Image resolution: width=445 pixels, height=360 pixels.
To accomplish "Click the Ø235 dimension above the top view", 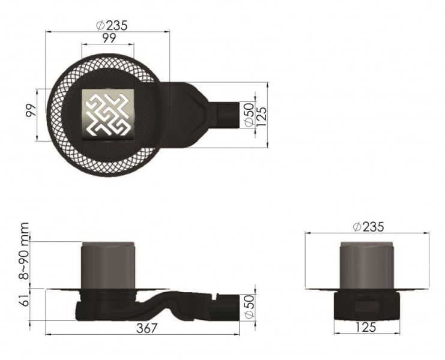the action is pos(112,26).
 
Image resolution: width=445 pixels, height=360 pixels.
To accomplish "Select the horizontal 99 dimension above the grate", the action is pos(109,38).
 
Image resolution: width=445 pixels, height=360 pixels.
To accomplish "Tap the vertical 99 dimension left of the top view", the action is pos(31,110).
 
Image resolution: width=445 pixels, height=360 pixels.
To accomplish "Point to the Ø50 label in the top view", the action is pos(249,115).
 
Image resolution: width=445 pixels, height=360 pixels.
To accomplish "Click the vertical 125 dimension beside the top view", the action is pos(262,116).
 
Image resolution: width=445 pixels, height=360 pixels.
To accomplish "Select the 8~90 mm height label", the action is pos(25,251).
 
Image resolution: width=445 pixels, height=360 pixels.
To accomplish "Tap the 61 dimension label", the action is pos(25,300).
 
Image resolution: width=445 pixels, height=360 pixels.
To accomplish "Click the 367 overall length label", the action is pos(147,328).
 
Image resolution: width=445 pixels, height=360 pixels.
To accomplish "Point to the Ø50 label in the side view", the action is pos(249,307).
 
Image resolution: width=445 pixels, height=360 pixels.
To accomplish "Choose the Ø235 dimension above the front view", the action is pos(368,227).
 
